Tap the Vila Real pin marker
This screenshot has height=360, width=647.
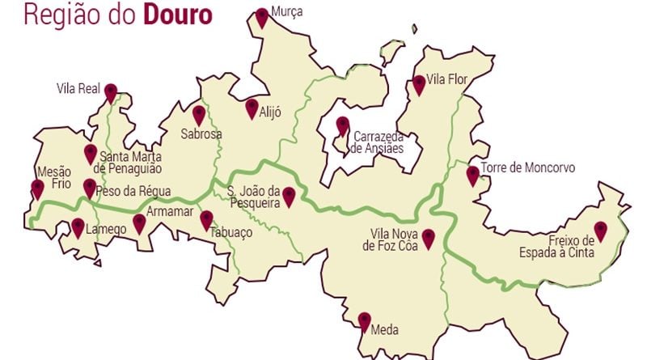click(111, 92)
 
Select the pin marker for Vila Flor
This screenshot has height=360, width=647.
click(419, 84)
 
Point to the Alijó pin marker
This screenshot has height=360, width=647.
click(252, 108)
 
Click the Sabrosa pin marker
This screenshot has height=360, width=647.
click(199, 115)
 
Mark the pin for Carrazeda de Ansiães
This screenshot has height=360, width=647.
click(343, 126)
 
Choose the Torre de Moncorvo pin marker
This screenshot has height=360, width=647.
click(473, 176)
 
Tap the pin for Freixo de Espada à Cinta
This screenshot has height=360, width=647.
click(599, 231)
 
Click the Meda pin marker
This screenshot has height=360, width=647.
click(364, 321)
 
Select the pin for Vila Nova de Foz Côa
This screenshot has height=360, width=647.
click(429, 239)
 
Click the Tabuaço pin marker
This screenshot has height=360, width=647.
click(206, 219)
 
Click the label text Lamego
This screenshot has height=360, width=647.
click(106, 230)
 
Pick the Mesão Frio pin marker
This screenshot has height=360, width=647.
click(37, 189)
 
